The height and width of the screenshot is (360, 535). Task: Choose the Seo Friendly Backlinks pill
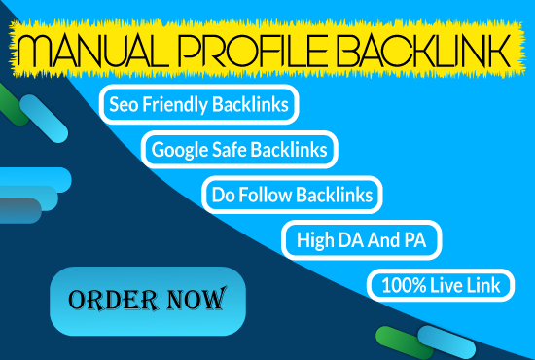199,102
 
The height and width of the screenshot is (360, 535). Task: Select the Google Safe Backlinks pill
239,149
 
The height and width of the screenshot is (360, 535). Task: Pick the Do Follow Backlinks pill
292,195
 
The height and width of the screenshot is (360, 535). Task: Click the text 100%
398,285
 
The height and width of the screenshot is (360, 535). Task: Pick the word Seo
128,102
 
